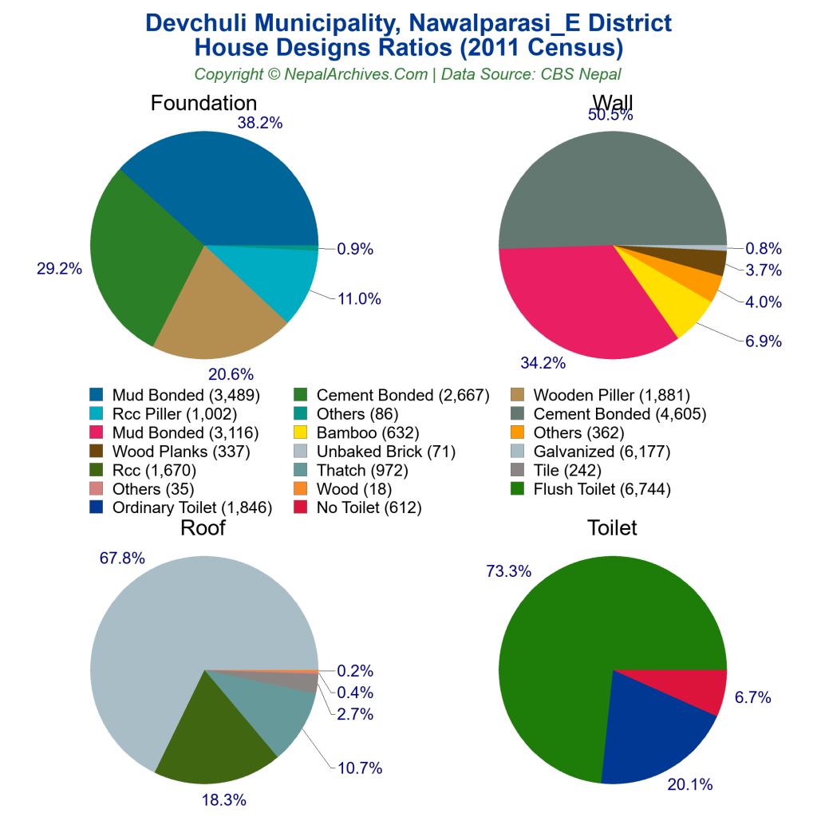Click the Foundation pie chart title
coord(203,104)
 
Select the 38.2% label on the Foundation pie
coord(259,123)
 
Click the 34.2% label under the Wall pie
coord(543,364)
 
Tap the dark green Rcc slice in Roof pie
coord(215,734)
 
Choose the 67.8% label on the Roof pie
coord(122,558)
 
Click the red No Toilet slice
coord(702,690)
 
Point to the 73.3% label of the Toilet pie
coord(508,571)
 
